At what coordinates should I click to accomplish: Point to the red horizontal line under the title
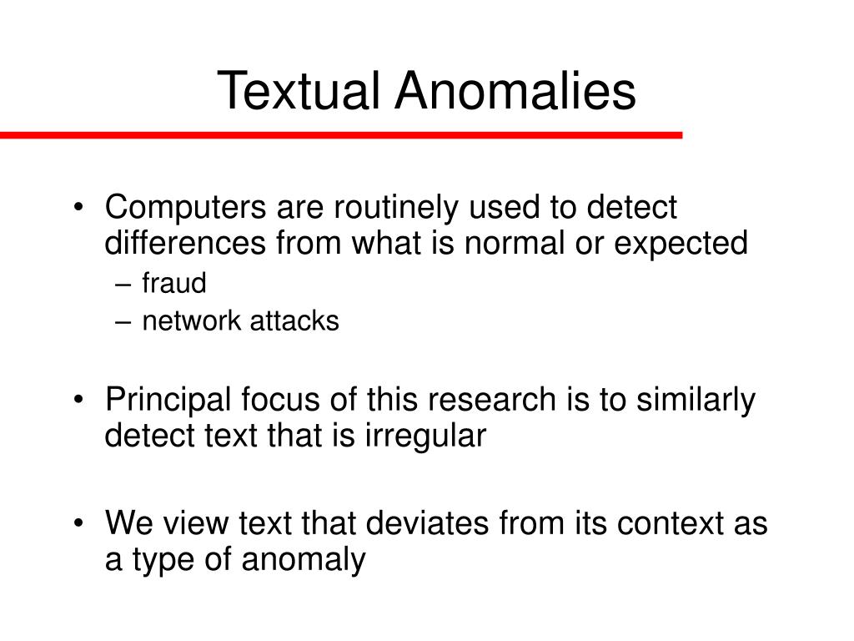341,135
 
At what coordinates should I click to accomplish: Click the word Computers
186,208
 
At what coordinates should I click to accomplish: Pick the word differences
185,243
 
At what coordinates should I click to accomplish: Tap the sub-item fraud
174,283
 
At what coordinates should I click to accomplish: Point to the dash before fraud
123,285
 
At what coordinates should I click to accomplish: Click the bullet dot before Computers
79,208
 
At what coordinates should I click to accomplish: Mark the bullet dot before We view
79,523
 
